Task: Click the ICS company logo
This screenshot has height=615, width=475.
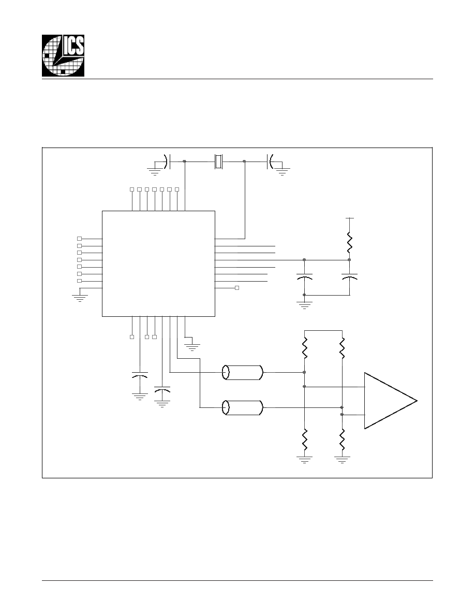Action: (63, 55)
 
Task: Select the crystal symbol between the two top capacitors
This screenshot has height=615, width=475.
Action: (218, 162)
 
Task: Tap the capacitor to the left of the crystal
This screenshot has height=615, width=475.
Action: (169, 161)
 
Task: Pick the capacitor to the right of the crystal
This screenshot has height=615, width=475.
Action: (270, 162)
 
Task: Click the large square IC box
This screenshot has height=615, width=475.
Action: (158, 263)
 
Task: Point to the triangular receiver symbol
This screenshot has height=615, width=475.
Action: (390, 401)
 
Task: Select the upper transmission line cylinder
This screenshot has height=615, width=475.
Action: (243, 372)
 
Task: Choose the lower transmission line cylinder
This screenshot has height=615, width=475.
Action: (243, 407)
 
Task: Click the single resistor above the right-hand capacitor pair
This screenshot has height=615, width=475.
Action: (349, 242)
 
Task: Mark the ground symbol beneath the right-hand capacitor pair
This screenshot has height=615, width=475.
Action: (305, 305)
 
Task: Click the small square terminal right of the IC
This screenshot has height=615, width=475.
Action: (236, 288)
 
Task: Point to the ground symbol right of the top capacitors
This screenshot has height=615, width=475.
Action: (283, 171)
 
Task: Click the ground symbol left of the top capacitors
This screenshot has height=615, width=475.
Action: (154, 171)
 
